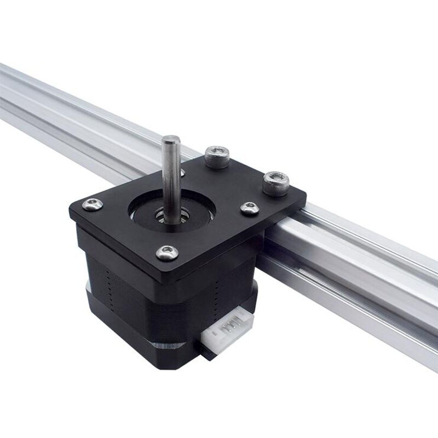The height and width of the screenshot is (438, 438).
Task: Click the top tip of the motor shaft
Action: coord(170,137)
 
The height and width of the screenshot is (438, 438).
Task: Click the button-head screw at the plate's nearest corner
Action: coord(167,252)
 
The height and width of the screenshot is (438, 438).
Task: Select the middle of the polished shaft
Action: coord(170,175)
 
